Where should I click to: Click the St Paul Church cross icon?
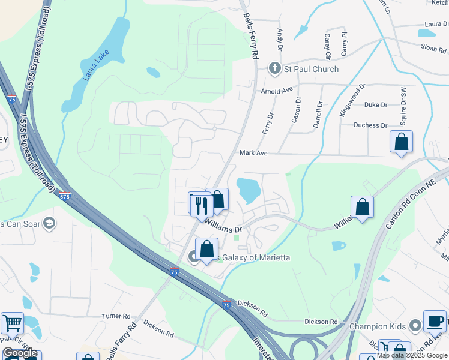click(x=276, y=68)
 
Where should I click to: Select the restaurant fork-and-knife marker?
click(x=200, y=204)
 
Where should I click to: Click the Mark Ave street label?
click(x=253, y=153)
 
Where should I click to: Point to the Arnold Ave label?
click(x=276, y=91)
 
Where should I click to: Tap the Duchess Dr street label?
click(x=370, y=125)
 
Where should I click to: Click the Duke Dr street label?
click(x=376, y=104)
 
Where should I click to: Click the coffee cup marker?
click(x=435, y=321)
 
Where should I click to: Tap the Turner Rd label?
click(x=116, y=316)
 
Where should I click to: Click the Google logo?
click(x=20, y=353)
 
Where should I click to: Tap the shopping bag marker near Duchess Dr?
click(x=401, y=142)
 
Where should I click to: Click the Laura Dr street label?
click(x=436, y=24)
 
